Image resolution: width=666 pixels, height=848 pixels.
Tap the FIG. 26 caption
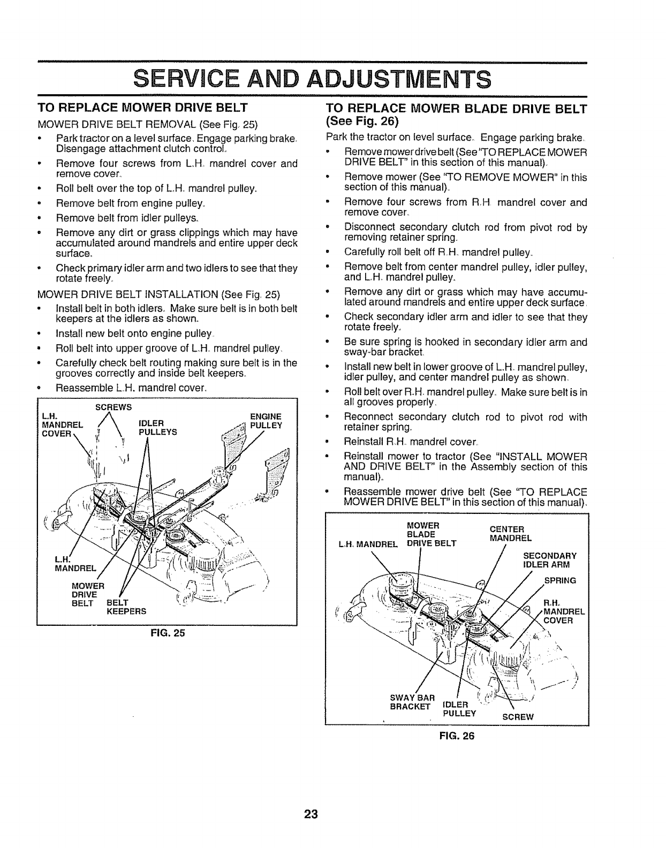457,736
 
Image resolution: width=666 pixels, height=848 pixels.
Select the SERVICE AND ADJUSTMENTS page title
313,79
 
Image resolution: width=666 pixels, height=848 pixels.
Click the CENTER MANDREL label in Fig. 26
511,534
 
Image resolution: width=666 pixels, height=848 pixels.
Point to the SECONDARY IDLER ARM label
549,559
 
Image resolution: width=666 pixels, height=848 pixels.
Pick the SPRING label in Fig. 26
560,580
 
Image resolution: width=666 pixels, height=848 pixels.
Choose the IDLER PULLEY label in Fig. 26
458,708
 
